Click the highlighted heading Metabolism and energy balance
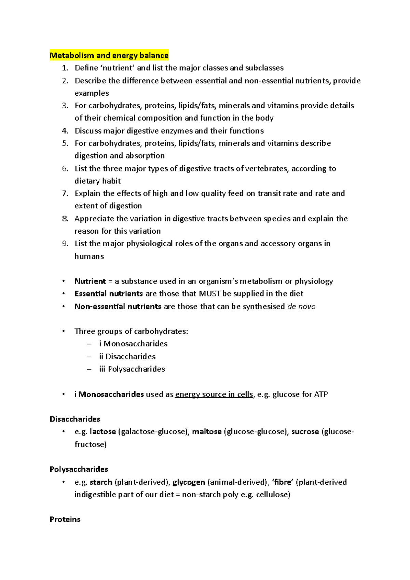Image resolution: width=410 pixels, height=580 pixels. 109,55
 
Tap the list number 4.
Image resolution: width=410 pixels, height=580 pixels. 65,131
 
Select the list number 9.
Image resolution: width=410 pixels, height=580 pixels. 65,244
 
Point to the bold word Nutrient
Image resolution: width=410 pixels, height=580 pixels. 90,281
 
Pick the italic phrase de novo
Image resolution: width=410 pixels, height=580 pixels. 301,306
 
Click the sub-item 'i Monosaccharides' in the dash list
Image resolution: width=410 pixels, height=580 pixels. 133,344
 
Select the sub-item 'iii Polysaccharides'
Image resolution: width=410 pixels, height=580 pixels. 132,369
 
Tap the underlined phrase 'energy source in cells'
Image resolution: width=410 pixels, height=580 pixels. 214,395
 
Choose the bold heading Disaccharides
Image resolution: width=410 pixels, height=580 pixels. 75,419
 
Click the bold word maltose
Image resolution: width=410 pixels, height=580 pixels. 207,432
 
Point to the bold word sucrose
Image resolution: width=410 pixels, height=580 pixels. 305,432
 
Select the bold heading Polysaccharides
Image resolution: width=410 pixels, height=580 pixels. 79,469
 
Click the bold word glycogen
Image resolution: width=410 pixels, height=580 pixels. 189,482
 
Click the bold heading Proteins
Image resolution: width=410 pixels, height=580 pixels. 65,520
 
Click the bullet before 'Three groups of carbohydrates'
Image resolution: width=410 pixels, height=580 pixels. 63,331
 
